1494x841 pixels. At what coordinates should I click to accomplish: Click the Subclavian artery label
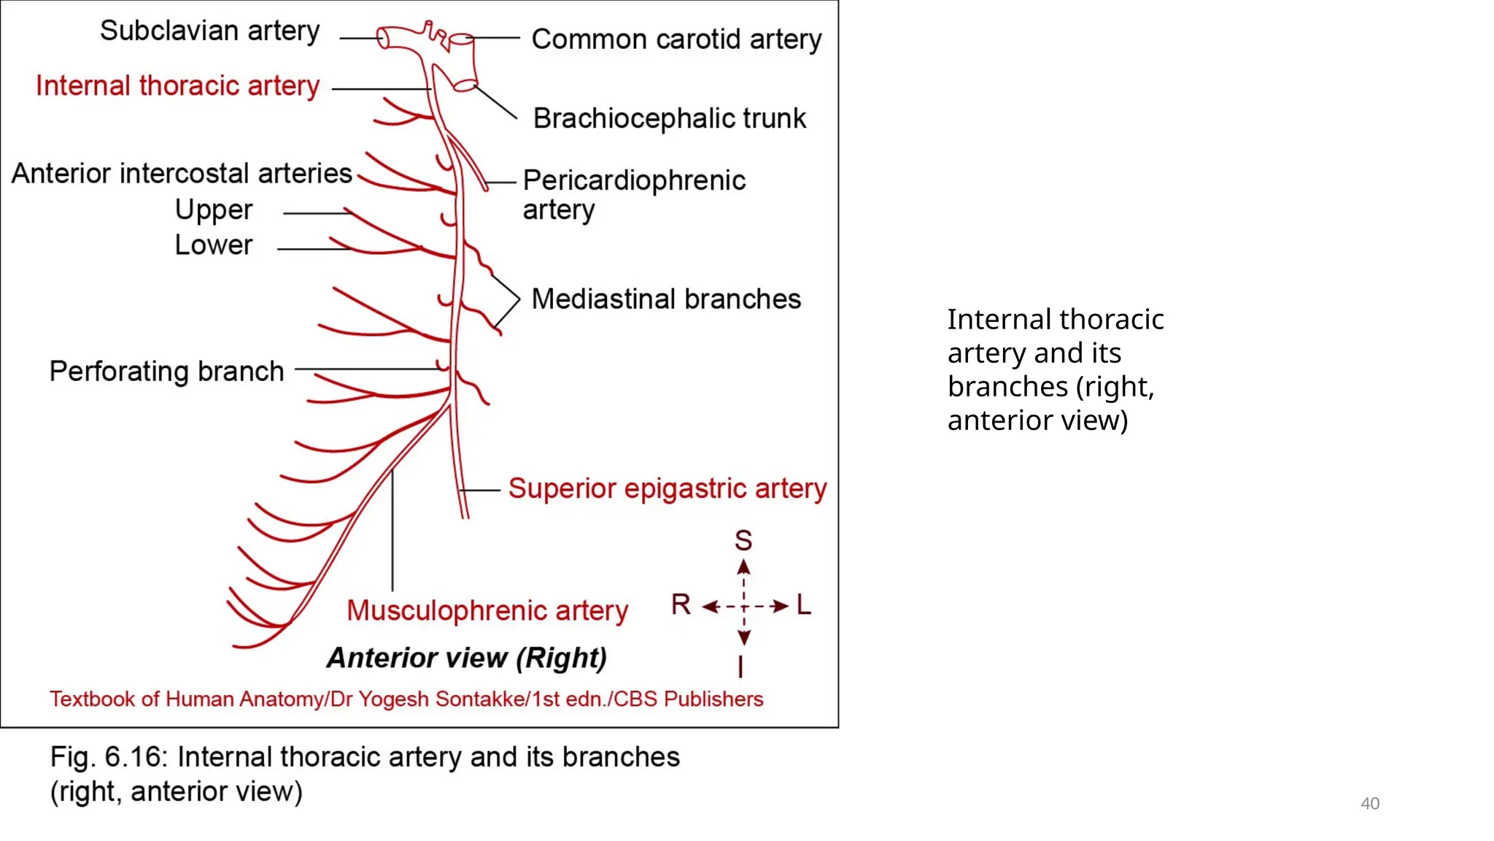tap(209, 31)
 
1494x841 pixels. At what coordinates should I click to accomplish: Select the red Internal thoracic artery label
tap(177, 86)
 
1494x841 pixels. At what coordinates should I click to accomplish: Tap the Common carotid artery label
tap(676, 39)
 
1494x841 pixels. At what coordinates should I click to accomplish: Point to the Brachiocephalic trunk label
tap(669, 118)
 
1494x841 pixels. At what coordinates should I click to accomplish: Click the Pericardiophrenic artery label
tap(633, 194)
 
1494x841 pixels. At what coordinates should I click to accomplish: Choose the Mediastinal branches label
tap(665, 299)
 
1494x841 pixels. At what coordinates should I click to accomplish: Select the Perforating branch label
tap(166, 372)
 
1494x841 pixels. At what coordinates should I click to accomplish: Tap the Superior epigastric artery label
tap(667, 488)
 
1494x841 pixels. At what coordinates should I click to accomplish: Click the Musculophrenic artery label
tap(487, 610)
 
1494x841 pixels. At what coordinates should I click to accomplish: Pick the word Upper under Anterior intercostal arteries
tap(213, 210)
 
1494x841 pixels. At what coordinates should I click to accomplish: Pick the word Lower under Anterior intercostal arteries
tap(213, 245)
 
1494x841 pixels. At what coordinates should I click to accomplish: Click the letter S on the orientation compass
tap(743, 541)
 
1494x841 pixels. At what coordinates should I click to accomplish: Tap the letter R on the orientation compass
tap(681, 604)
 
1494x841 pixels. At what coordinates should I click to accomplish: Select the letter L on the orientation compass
tap(803, 604)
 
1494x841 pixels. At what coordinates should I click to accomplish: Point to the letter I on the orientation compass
tap(740, 667)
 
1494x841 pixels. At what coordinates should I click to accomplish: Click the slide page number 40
tap(1369, 804)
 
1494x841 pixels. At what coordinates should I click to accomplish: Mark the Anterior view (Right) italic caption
tap(466, 658)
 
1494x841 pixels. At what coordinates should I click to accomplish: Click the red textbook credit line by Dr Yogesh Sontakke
tap(406, 699)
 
